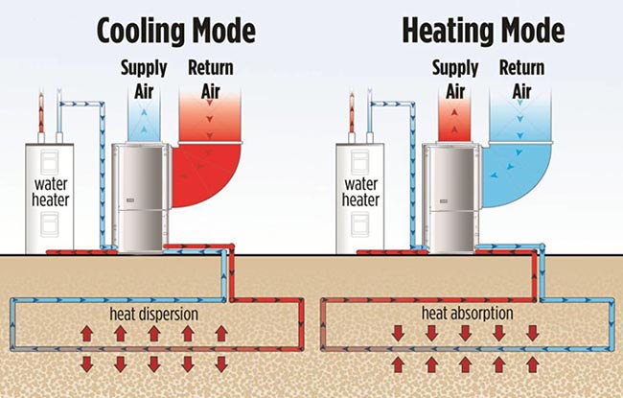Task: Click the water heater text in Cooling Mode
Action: [x=53, y=190]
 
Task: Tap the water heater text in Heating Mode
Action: [x=363, y=190]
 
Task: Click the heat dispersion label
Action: [x=154, y=314]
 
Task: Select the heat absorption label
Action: [x=465, y=314]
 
